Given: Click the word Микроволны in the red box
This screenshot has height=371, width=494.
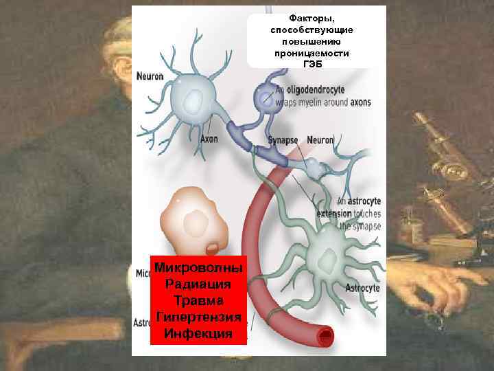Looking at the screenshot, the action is pyautogui.click(x=198, y=267).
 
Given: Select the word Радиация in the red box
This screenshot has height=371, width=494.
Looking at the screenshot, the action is pyautogui.click(x=198, y=284).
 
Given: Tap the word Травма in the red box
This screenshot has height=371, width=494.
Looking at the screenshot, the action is pyautogui.click(x=198, y=301).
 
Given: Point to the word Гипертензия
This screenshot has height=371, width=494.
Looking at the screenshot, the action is pyautogui.click(x=198, y=317).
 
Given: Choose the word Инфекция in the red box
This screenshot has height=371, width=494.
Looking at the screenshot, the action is pyautogui.click(x=198, y=334).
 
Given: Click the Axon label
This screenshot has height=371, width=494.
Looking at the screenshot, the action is pyautogui.click(x=209, y=139).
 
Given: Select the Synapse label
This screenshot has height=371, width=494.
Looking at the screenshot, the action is pyautogui.click(x=283, y=140).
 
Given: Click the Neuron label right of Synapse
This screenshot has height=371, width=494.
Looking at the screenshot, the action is pyautogui.click(x=320, y=140).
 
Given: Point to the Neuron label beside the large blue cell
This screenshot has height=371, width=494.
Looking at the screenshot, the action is pyautogui.click(x=150, y=76).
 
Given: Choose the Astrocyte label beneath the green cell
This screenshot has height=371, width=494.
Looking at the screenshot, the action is pyautogui.click(x=362, y=289).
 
